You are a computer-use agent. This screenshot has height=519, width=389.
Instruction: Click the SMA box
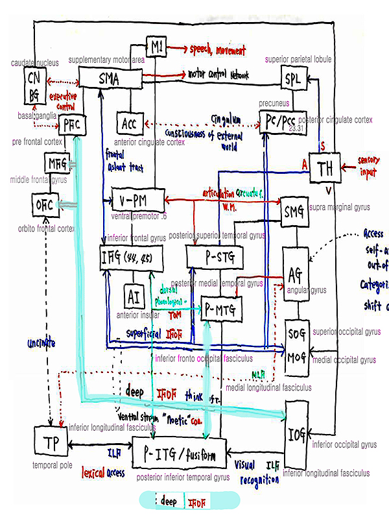click(110, 79)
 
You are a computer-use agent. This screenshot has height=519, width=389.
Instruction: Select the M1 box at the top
click(156, 48)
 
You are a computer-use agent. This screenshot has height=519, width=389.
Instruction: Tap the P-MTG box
click(220, 309)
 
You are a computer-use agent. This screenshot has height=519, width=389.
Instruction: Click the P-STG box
click(215, 257)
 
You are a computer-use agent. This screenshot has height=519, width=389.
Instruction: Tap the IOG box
click(295, 432)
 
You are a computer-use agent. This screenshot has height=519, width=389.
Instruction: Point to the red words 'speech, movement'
click(217, 49)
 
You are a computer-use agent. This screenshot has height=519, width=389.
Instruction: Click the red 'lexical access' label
click(102, 473)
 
